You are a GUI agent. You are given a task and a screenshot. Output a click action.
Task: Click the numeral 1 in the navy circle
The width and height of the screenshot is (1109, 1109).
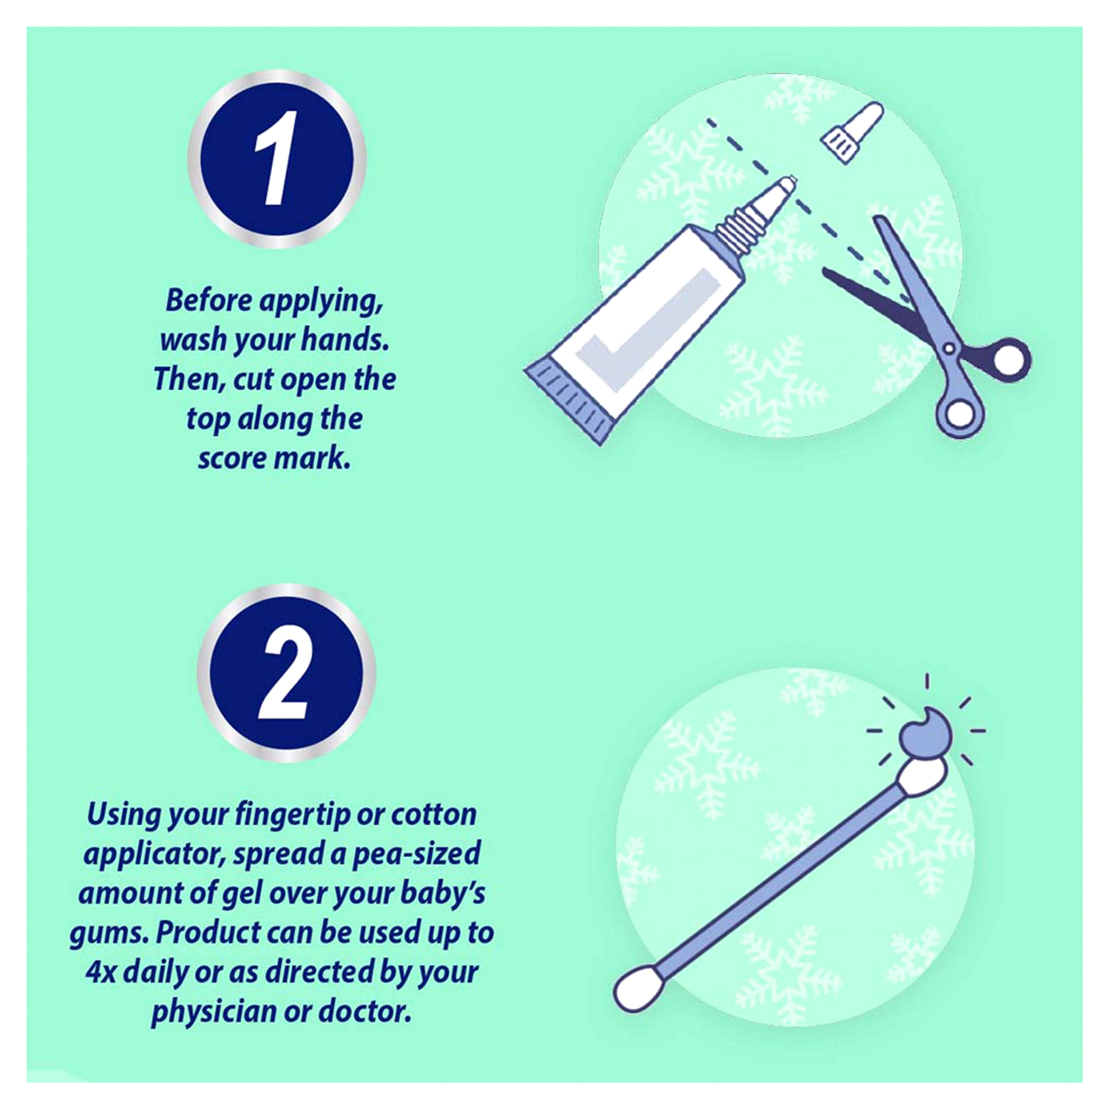[277, 158]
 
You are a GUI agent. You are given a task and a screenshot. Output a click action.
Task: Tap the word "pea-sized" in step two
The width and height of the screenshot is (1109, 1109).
[416, 855]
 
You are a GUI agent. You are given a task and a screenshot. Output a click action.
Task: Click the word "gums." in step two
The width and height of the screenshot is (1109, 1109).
[109, 934]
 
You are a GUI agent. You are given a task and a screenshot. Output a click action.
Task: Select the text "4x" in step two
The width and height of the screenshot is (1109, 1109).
[101, 971]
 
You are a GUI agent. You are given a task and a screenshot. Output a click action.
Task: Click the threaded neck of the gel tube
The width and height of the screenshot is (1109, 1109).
[734, 225]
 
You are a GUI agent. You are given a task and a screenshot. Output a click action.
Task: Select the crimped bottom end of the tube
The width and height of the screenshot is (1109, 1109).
[569, 399]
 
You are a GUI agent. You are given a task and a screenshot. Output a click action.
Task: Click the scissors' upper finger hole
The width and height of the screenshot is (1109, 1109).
[1007, 359]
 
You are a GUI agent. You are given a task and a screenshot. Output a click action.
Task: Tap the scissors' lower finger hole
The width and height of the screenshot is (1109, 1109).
[960, 414]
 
